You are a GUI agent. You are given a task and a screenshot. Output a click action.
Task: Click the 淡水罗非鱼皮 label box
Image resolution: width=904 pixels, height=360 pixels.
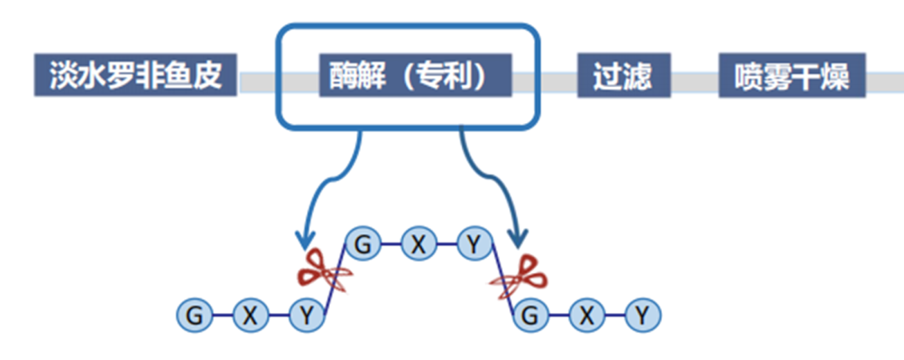pos(135,76)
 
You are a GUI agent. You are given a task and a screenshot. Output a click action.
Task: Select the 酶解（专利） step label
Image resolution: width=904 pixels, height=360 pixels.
pos(414,76)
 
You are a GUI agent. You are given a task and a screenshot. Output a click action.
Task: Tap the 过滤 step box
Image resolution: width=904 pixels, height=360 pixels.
pos(624,76)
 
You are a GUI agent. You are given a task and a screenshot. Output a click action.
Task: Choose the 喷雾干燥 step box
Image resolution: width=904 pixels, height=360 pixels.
pos(792,76)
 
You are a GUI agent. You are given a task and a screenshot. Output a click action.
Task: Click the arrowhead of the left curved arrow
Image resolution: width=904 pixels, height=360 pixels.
pos(304,241)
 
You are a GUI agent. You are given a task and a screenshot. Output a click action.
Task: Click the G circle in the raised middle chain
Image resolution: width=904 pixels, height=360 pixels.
pos(362,244)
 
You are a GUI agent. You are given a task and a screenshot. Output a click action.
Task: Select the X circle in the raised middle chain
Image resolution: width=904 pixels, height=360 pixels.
pos(418,244)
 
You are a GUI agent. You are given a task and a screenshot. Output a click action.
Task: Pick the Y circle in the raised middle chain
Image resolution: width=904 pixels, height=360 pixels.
pos(475,244)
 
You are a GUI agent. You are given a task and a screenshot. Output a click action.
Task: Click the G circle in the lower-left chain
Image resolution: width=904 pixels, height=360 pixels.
pos(194,316)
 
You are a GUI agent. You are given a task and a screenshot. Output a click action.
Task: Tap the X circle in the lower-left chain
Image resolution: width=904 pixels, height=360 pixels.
pos(249,316)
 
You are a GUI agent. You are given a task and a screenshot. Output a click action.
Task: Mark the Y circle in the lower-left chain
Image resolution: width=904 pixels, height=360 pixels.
pos(306,316)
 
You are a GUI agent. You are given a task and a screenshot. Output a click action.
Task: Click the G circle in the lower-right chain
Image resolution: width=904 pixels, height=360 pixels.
pos(529,316)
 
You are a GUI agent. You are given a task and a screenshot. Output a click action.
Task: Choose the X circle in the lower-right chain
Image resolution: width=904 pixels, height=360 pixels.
pos(586,316)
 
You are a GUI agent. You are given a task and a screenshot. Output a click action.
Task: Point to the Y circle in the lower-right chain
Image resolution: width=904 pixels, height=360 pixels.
pos(642,316)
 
